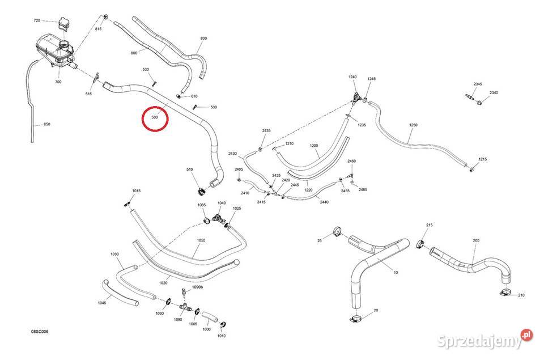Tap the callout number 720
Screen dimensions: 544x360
[x=37, y=20]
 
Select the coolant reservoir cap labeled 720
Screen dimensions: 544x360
[x=64, y=24]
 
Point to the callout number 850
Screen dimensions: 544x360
[x=47, y=124]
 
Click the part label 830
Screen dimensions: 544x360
[x=203, y=38]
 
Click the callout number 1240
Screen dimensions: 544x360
[x=352, y=77]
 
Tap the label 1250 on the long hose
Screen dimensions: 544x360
[x=413, y=125]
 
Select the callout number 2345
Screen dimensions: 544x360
[x=478, y=84]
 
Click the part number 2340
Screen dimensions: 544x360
[x=494, y=92]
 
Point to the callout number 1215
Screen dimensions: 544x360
[x=483, y=159]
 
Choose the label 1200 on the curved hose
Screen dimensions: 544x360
[x=313, y=146]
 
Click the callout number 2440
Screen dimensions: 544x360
[x=324, y=202]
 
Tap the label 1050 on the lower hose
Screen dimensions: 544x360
[x=201, y=240]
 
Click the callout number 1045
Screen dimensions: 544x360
[x=102, y=303]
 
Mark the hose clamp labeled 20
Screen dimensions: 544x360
[x=355, y=318]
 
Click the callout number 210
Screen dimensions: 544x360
[x=521, y=295]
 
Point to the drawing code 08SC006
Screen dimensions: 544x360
[x=40, y=332]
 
